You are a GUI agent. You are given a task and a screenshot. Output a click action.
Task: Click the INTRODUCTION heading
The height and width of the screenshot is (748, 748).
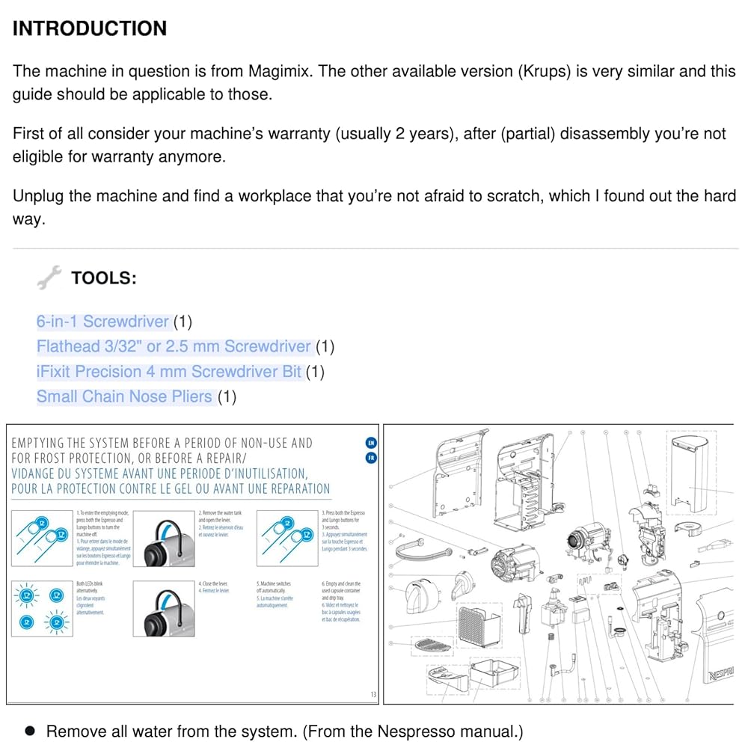(x=90, y=29)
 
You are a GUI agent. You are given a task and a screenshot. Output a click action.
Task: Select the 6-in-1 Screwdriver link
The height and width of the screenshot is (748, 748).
(x=103, y=322)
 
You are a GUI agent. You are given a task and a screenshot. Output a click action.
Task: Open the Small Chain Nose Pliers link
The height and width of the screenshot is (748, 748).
(x=124, y=396)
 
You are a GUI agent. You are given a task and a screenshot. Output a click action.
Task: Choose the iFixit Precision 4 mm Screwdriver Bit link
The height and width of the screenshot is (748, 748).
(x=169, y=372)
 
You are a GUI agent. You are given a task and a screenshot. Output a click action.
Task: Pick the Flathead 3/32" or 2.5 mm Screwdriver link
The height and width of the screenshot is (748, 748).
(x=174, y=346)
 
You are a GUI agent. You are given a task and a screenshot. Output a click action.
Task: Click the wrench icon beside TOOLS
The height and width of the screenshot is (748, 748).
(x=49, y=279)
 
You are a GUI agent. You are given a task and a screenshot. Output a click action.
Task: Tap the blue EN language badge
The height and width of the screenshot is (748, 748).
(x=372, y=443)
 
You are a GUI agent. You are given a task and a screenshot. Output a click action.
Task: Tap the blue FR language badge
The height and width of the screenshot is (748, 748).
(x=372, y=459)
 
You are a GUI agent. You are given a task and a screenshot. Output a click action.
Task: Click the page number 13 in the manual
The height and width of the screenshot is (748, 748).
(x=373, y=695)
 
